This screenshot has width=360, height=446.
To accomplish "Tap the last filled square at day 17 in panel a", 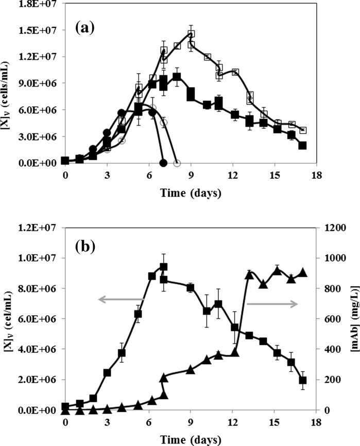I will tap(302, 145).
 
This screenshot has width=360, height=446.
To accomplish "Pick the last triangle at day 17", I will tap(303, 273).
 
